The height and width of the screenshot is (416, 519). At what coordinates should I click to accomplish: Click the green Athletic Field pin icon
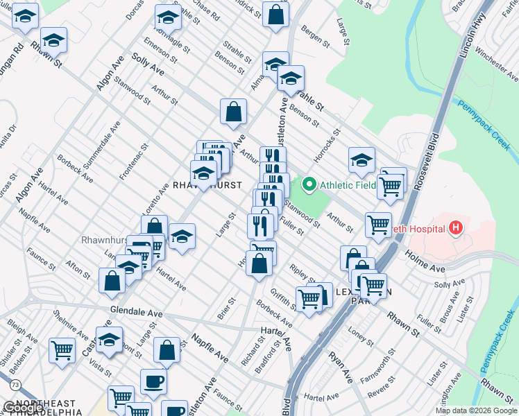(x=309, y=184)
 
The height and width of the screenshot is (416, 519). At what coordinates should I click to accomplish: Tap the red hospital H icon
(x=455, y=227)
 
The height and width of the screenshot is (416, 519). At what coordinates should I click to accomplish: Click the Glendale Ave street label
(x=136, y=313)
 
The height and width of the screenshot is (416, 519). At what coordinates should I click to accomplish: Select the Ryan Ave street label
(x=341, y=368)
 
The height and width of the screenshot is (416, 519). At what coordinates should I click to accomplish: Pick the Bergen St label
(x=316, y=37)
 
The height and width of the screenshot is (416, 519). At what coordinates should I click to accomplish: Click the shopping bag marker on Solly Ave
(x=234, y=111)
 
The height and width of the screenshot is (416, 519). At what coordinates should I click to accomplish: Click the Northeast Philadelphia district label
(x=45, y=408)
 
